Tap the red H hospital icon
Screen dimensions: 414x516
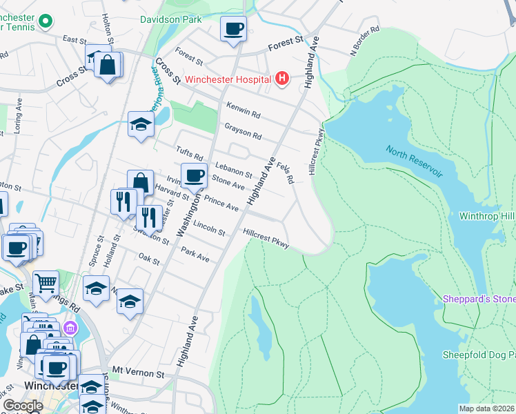tap(281, 79)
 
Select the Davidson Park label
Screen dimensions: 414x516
tap(171, 19)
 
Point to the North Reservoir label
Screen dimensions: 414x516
tap(414, 161)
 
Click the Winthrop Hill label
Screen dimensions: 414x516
tap(487, 216)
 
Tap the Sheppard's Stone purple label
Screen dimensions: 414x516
tap(479, 299)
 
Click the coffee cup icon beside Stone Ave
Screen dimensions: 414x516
tap(194, 175)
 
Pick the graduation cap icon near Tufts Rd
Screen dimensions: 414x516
tap(141, 125)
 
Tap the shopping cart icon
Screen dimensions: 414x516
tap(46, 282)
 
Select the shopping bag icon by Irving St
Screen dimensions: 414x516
tap(140, 183)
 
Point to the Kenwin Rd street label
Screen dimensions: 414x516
tap(244, 110)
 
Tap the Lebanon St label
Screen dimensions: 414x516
tap(233, 169)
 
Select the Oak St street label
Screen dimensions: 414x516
tap(149, 259)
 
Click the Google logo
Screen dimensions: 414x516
tap(23, 406)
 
